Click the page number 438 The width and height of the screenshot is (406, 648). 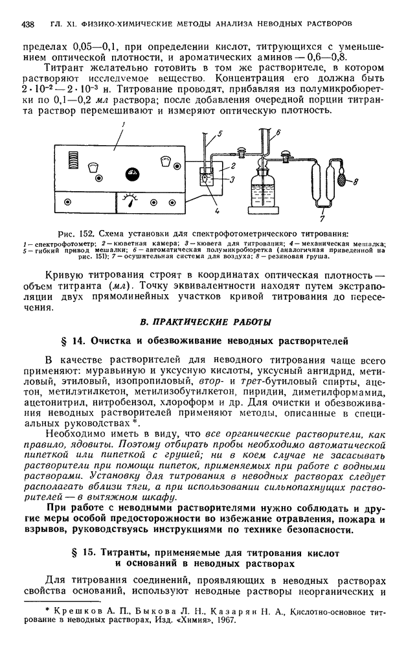pos(28,23)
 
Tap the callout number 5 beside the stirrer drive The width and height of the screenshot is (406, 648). pos(220,134)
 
